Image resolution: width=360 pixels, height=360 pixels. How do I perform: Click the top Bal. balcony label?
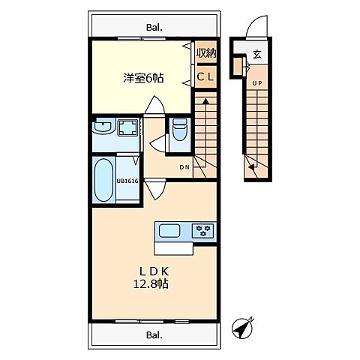tap(154, 28)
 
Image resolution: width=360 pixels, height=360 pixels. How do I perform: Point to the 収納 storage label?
tap(206, 53)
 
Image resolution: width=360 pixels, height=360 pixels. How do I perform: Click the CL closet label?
tap(206, 77)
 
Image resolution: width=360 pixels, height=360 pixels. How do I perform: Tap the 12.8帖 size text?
tap(153, 284)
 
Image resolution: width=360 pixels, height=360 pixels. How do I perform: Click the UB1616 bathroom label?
tap(127, 180)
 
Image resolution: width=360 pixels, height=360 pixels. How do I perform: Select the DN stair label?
tap(184, 167)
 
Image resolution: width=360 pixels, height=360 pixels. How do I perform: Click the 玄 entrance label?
tap(256, 54)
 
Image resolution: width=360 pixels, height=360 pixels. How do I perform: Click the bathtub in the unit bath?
tap(104, 180)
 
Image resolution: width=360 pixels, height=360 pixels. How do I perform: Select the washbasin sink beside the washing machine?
tap(103, 127)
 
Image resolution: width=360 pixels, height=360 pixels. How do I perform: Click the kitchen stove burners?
tap(202, 230)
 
